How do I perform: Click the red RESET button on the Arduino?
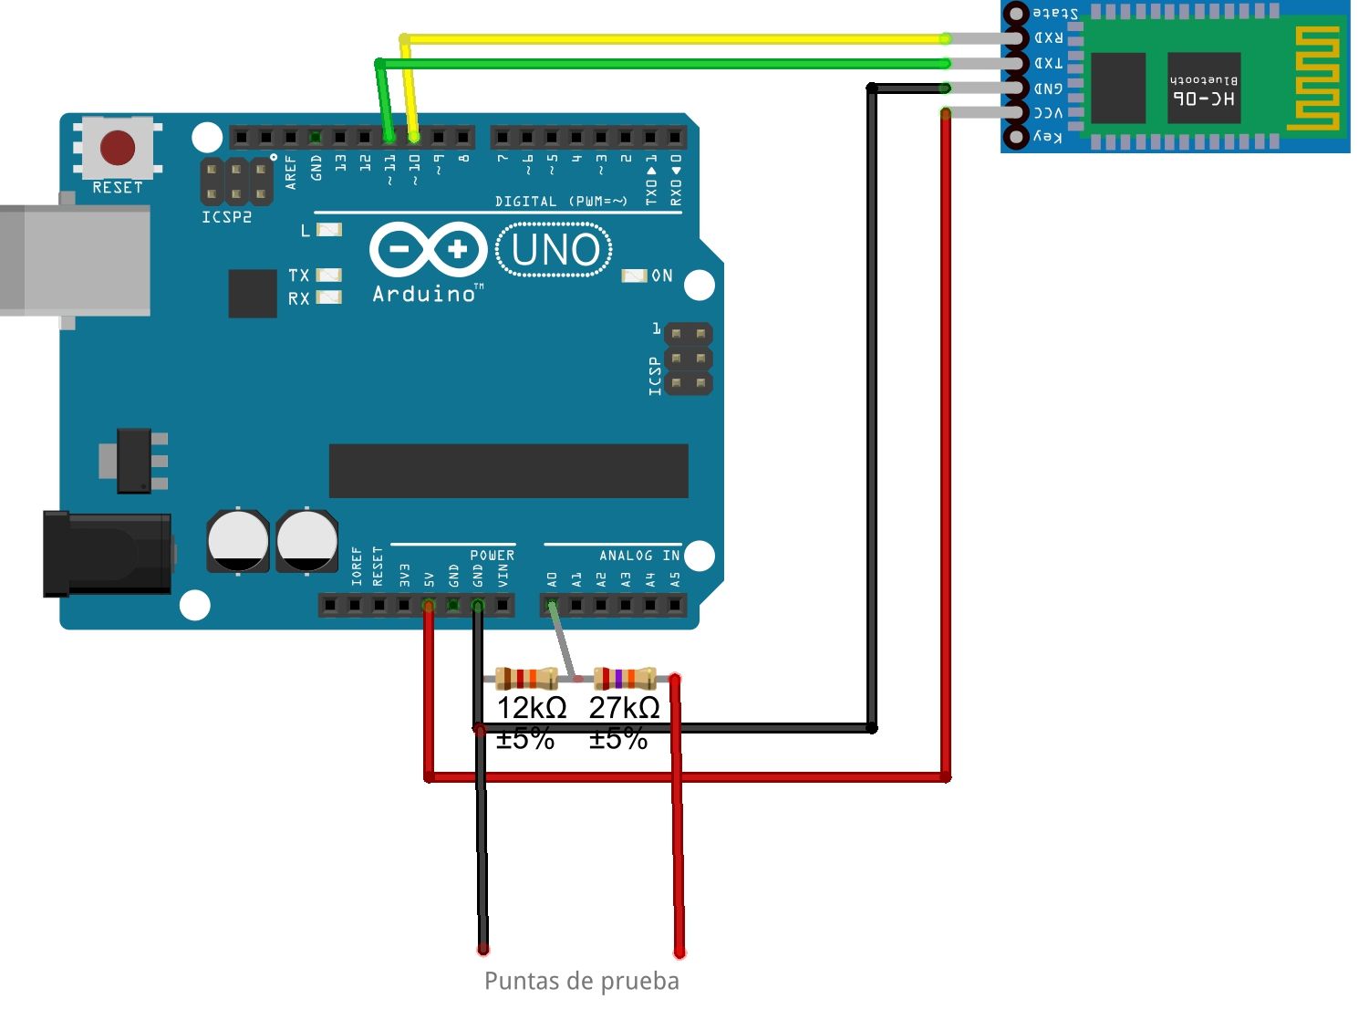[118, 147]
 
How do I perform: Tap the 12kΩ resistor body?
[526, 678]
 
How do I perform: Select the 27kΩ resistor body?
[625, 678]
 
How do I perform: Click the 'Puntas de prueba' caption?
[581, 982]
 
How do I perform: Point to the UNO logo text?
[555, 250]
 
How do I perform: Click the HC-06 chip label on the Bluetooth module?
[1203, 98]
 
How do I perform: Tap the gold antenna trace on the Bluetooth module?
[1313, 78]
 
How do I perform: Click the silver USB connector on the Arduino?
[78, 260]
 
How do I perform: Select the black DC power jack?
[108, 553]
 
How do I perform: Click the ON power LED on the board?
[634, 276]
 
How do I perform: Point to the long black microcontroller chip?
[508, 471]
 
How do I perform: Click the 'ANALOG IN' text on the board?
[638, 556]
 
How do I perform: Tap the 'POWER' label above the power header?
[492, 556]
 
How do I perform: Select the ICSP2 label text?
[226, 217]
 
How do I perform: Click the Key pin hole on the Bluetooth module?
[1016, 138]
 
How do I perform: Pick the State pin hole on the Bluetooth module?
[1016, 14]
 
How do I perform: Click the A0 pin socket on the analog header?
[551, 605]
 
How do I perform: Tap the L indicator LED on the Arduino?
[328, 230]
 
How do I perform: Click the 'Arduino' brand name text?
[425, 294]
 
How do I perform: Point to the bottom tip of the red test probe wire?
[679, 952]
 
